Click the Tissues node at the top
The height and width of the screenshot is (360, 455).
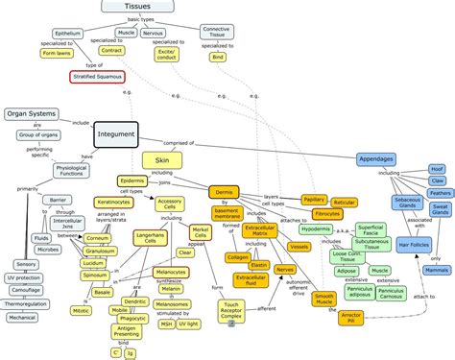click(x=136, y=7)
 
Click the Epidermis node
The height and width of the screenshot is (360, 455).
click(x=134, y=180)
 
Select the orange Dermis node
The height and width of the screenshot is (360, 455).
click(x=223, y=191)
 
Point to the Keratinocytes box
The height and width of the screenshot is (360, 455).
click(x=114, y=203)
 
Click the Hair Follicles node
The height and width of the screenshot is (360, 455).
click(x=394, y=246)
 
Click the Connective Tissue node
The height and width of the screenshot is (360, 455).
click(x=216, y=34)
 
